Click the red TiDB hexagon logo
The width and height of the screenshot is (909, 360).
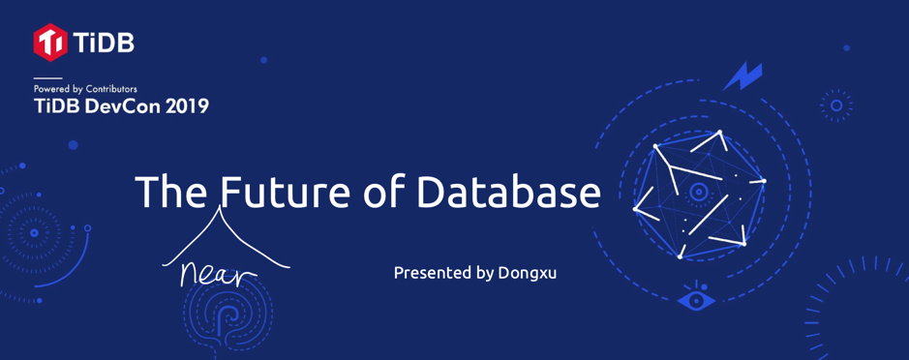pyautogui.click(x=50, y=43)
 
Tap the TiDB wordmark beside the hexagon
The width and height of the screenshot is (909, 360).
pyautogui.click(x=104, y=43)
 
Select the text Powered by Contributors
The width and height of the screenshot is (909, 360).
pyautogui.click(x=85, y=89)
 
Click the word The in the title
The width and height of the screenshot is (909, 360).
pyautogui.click(x=171, y=192)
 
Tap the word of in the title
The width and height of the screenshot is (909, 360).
pyautogui.click(x=384, y=192)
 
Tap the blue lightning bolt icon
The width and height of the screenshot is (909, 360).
pyautogui.click(x=743, y=75)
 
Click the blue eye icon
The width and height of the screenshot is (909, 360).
pyautogui.click(x=696, y=300)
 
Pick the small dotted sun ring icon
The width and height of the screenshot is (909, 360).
pyautogui.click(x=836, y=105)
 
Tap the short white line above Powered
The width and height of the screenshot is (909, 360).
pyautogui.click(x=47, y=77)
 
